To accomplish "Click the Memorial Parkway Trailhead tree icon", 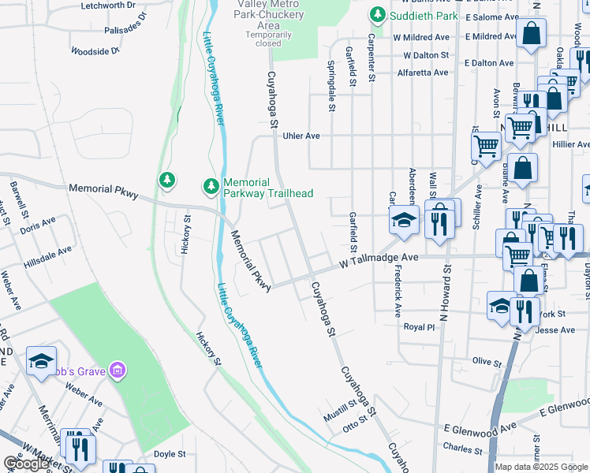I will tap(211, 186).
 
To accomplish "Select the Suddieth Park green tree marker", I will tap(379, 15).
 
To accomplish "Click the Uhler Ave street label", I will tap(301, 136).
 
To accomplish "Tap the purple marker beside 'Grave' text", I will tap(117, 369).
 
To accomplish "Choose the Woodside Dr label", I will tap(95, 51).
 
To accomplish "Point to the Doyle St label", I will tap(169, 454).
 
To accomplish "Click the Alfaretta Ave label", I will tap(423, 73).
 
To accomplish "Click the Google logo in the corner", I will tap(26, 464).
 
